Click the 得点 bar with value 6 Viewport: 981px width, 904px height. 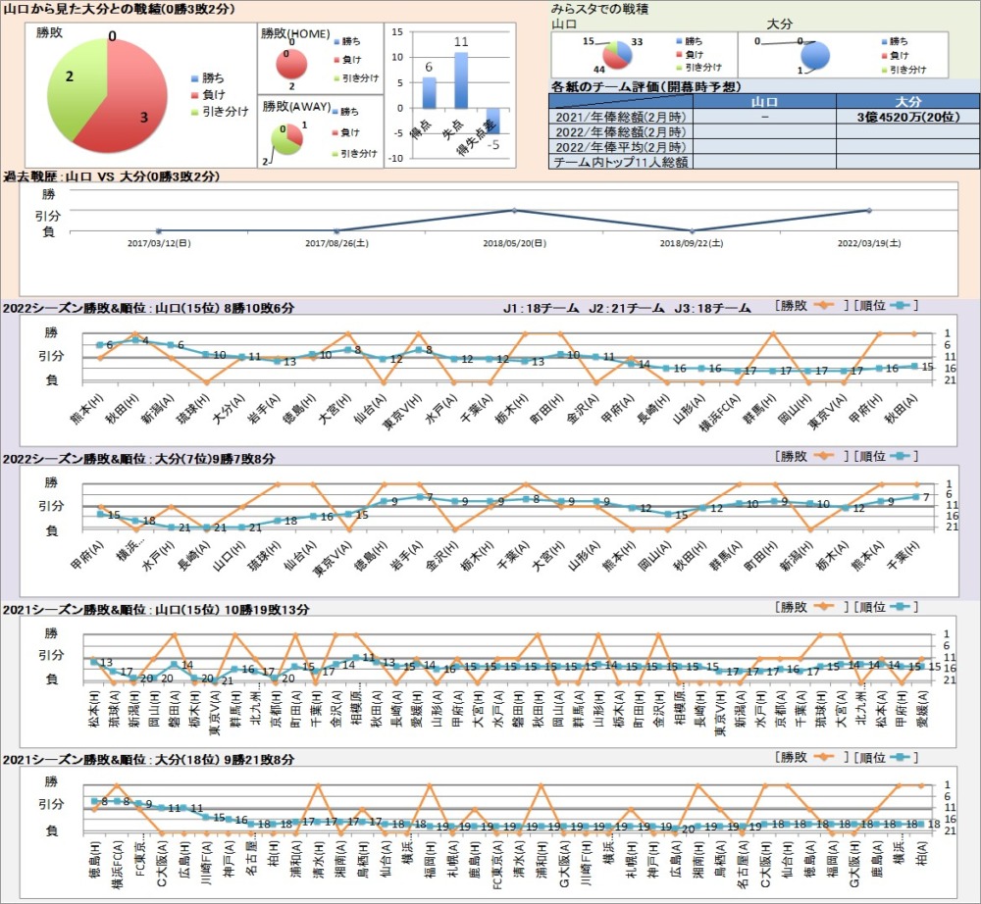(429, 92)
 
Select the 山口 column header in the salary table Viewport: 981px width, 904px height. (763, 101)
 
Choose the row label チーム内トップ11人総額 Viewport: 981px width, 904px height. (620, 162)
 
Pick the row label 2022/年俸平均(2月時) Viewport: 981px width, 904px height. (620, 146)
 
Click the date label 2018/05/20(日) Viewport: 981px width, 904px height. (514, 242)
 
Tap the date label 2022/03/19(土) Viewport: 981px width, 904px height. (869, 242)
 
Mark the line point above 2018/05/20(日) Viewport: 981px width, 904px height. (514, 210)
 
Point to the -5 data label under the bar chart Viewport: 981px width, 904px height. (496, 145)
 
